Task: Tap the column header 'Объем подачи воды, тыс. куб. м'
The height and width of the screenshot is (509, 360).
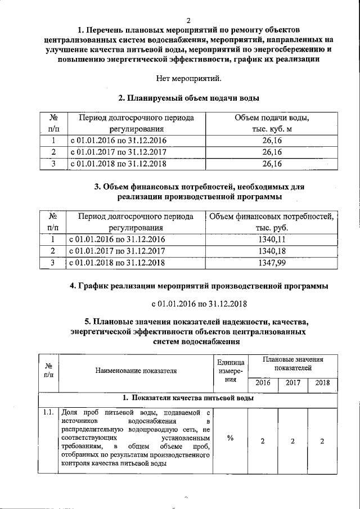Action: point(272,124)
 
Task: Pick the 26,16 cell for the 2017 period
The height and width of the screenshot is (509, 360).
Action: point(272,152)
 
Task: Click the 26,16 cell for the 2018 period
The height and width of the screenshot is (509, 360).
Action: point(272,164)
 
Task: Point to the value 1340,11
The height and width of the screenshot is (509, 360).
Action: point(272,240)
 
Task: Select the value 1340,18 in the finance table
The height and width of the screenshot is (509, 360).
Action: point(272,251)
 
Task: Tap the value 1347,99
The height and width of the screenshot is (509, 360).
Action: point(272,263)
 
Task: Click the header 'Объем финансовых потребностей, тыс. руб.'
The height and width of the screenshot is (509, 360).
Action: point(272,222)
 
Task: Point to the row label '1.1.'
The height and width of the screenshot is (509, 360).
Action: point(48,413)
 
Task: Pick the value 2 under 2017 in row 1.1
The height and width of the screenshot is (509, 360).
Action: point(292,441)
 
